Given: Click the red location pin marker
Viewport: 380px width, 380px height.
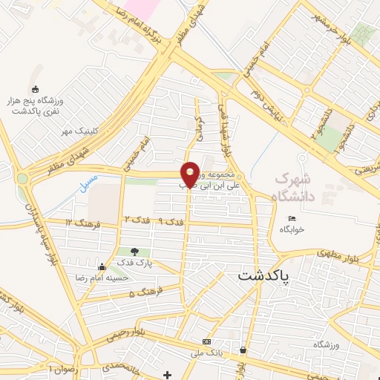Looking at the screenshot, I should (190, 174).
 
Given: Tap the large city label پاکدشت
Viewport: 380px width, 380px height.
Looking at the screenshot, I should (264, 275).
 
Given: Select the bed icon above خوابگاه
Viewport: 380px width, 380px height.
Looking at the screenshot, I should (292, 218).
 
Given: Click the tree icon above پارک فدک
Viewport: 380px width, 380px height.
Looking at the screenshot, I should (134, 252).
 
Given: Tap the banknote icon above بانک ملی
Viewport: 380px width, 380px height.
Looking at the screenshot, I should (206, 342).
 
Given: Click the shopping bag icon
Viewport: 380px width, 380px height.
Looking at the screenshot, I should (243, 350).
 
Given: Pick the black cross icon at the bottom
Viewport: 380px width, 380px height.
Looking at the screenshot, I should (168, 373).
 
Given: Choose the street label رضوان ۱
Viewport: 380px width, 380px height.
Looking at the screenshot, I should (61, 367).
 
